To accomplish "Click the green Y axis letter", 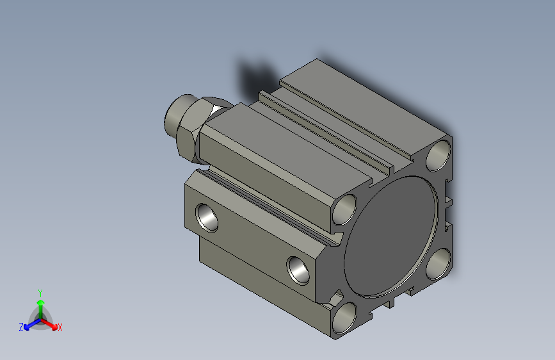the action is coord(40,293).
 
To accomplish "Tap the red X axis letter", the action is coord(60,327).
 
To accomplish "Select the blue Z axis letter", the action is coord(21,327).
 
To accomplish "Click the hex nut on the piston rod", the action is coord(198,129).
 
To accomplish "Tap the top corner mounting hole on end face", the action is coord(438,155).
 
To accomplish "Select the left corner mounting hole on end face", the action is coord(344,209).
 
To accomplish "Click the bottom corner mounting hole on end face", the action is coord(344,318).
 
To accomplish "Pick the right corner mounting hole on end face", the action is coord(438,264).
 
